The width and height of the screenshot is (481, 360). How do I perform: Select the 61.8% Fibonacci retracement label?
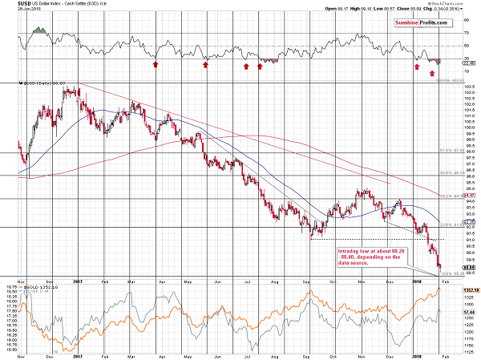point(453,149)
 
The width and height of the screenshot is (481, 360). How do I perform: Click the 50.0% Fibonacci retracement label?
point(453,172)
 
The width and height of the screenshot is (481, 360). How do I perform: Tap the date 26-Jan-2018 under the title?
point(17,11)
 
